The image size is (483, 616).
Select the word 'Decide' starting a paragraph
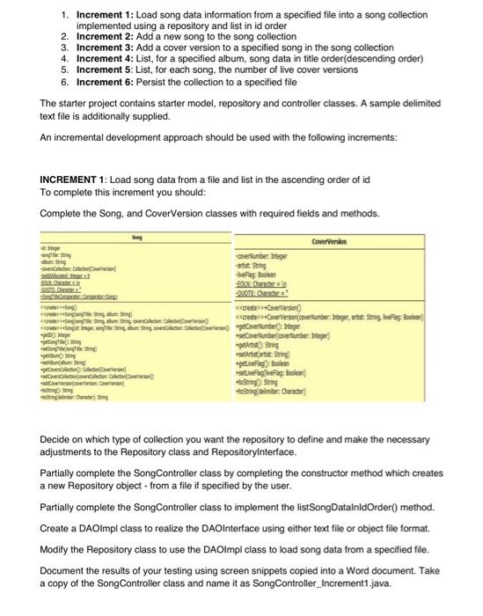pyautogui.click(x=59, y=448)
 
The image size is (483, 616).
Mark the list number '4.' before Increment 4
pyautogui.click(x=64, y=59)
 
